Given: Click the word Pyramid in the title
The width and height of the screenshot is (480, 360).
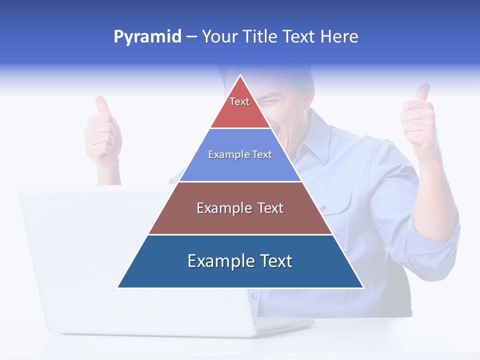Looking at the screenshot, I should pos(147,37).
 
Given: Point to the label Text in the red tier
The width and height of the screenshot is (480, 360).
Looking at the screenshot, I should pos(239,101).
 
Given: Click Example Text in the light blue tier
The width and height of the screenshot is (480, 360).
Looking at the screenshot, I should pos(240,154).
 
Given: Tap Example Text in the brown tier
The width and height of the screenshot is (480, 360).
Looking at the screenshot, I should pos(240,208).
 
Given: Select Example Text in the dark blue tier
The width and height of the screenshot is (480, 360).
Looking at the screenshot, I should pos(240,261).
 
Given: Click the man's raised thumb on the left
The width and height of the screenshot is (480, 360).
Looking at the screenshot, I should pos(102,107).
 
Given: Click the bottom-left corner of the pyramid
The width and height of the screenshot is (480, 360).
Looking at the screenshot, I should pos(118,287).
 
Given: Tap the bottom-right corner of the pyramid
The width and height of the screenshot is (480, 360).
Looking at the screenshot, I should pos(363,287).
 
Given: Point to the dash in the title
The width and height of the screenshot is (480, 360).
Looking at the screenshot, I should pos(191,37).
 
